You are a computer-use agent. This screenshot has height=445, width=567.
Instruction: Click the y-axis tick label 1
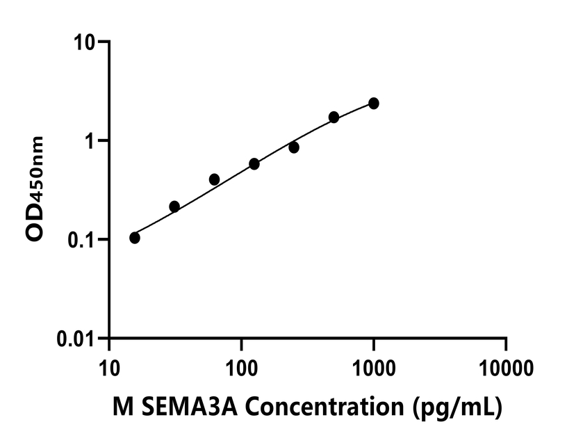92,140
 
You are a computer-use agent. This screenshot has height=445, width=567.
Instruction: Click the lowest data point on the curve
135,238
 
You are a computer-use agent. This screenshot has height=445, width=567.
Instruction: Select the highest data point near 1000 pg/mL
374,104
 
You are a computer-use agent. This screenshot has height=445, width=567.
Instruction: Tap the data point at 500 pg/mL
334,117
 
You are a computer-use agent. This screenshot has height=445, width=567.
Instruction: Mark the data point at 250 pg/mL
294,147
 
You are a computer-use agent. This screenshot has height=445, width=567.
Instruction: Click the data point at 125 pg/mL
254,164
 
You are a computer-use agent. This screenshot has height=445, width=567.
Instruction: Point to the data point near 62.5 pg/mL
214,179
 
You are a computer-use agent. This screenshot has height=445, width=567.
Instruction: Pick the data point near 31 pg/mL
174,207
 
